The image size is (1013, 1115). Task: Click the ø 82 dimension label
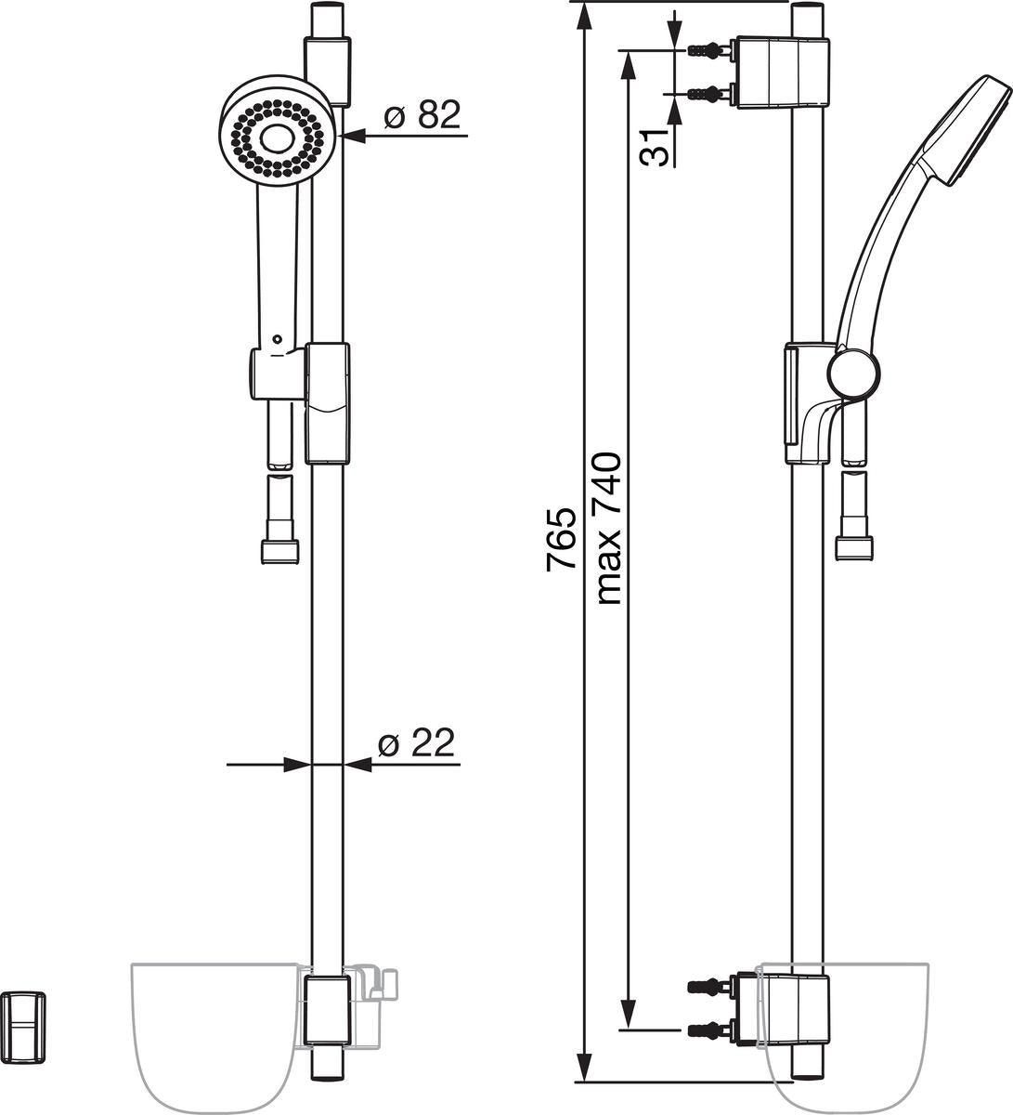click(422, 115)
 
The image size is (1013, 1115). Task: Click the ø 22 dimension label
click(416, 742)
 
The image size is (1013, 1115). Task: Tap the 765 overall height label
click(560, 539)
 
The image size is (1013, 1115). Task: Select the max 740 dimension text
click(607, 529)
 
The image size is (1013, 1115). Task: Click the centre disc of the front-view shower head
click(276, 139)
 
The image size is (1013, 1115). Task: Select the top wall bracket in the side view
click(783, 72)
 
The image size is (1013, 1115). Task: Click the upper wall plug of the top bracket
click(707, 50)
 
